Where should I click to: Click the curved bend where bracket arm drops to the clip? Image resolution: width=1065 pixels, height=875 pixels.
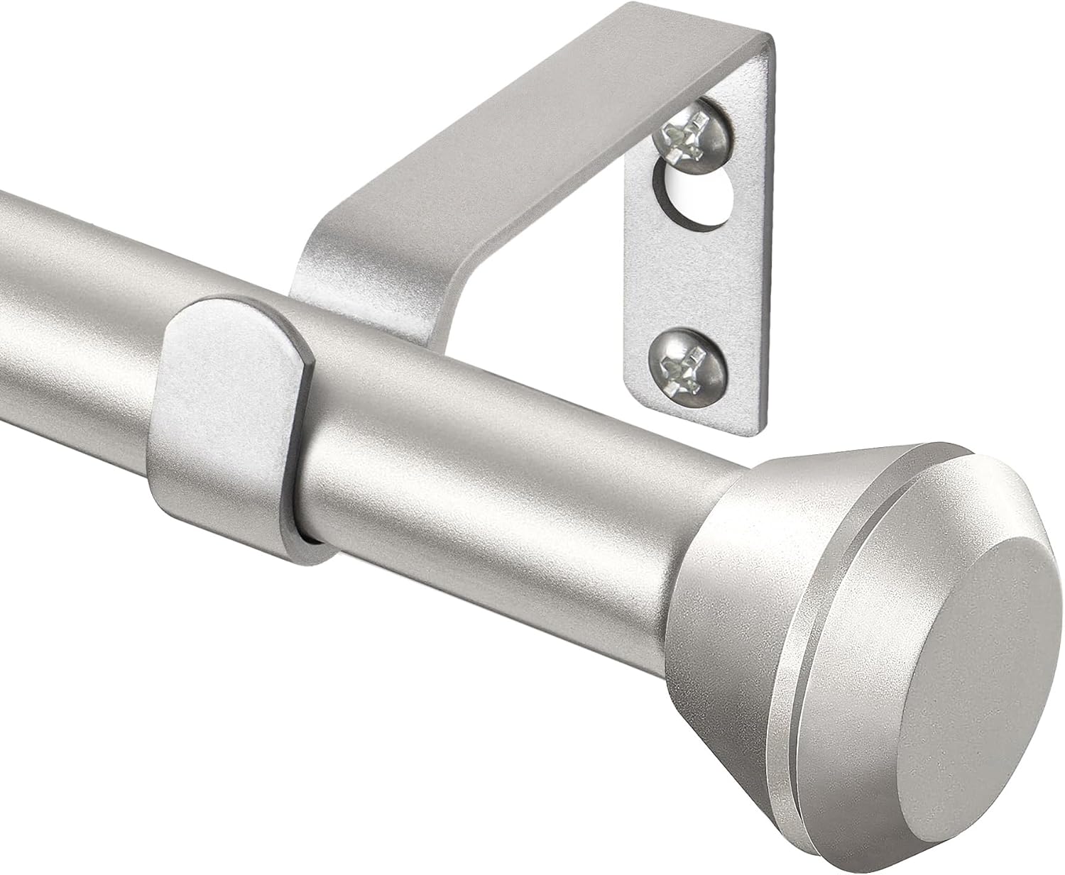pyautogui.click(x=355, y=263)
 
